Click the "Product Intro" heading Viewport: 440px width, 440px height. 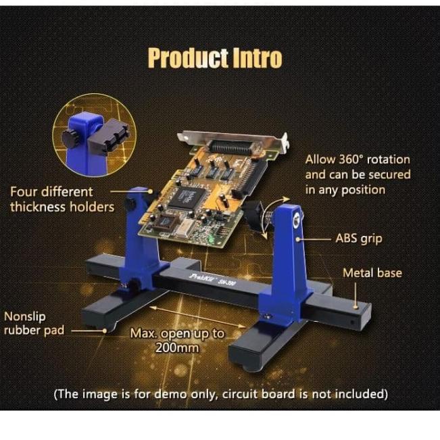coord(214,58)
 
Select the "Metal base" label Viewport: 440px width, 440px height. coord(372,273)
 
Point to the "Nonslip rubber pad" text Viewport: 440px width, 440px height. coord(34,324)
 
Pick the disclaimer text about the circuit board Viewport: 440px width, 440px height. coord(220,393)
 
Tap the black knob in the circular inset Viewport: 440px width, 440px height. coord(71,137)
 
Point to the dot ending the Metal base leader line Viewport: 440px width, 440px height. coord(356,304)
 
